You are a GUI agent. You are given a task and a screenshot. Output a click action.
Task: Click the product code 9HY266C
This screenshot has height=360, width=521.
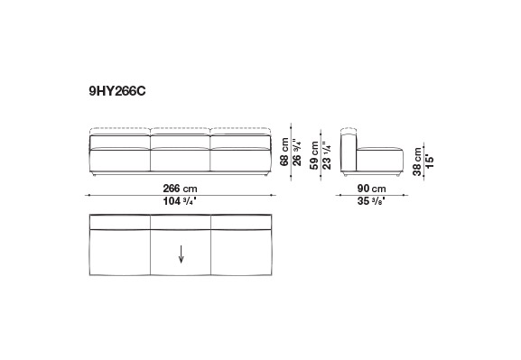click(117, 91)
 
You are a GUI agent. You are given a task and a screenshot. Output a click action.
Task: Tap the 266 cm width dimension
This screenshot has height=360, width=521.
click(180, 189)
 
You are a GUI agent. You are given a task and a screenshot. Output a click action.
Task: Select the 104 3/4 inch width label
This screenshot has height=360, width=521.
click(180, 201)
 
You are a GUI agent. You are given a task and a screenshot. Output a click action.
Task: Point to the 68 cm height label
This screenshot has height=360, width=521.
click(284, 152)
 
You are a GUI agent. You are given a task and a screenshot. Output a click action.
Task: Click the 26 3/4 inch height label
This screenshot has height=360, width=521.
click(297, 152)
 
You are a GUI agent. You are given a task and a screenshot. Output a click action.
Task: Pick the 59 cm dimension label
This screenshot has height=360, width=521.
click(314, 155)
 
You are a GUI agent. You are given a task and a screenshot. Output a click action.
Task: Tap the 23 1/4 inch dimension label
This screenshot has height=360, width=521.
click(327, 155)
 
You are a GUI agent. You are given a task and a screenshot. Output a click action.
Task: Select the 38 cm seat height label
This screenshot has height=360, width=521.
click(417, 162)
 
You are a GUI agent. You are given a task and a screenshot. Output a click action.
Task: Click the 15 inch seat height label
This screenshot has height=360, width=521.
click(430, 160)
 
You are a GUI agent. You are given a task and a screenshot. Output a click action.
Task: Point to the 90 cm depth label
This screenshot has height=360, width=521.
click(371, 189)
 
